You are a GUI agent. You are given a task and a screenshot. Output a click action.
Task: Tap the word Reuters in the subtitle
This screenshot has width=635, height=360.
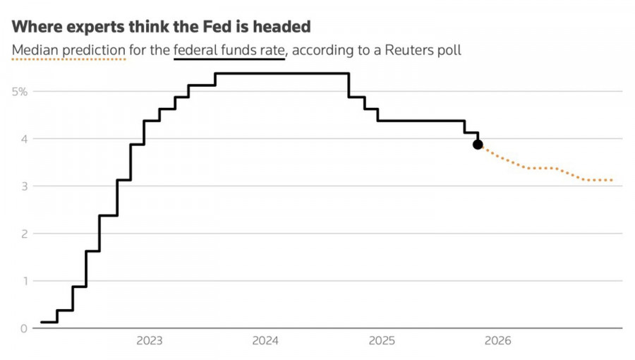400,51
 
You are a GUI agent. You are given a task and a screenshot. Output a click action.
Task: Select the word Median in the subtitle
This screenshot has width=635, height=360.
32,51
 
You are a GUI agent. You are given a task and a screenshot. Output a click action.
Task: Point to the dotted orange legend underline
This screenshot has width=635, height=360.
68,60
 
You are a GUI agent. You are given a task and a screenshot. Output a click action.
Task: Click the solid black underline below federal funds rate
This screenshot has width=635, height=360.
229,60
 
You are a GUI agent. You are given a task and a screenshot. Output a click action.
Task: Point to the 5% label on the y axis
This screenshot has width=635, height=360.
19,92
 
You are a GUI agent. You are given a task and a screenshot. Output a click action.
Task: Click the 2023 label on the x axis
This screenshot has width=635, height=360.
150,341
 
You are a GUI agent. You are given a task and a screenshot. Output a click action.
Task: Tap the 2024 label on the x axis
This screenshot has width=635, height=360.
266,341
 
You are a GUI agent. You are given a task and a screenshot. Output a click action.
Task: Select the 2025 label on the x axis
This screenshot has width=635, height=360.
382,341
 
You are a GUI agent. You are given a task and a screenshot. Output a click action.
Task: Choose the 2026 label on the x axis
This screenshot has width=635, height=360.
498,341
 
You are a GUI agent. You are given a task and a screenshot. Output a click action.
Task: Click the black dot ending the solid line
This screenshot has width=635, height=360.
478,144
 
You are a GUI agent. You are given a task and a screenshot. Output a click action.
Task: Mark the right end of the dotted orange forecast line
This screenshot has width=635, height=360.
611,180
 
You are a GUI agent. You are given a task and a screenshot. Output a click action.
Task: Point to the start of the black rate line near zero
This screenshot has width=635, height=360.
42,322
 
